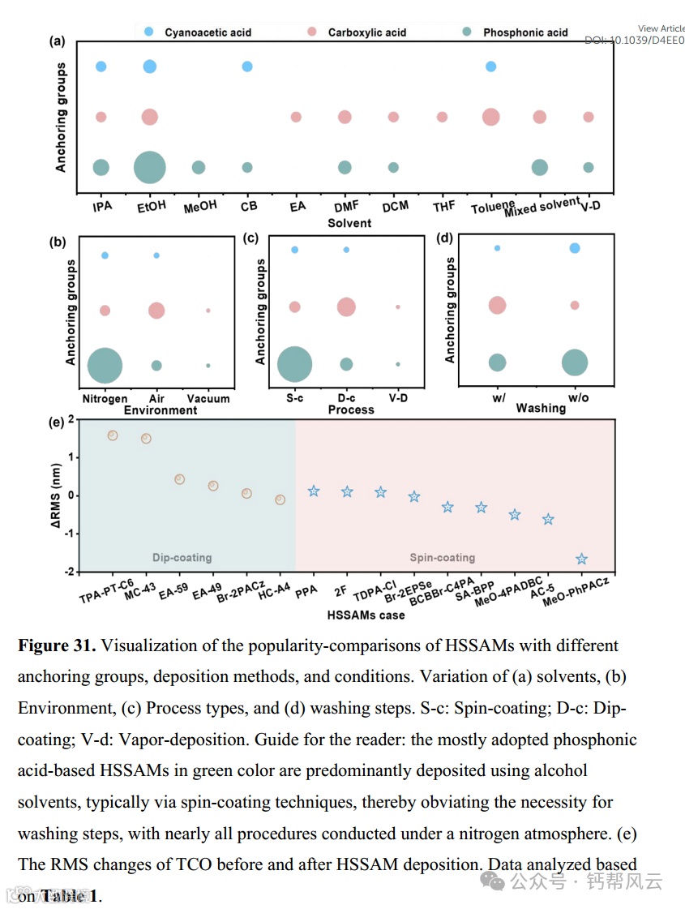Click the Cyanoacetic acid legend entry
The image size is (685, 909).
coord(208,32)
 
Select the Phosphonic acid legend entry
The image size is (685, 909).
coord(525,32)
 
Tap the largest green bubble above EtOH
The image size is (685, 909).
coord(149,167)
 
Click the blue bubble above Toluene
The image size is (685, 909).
coord(490,66)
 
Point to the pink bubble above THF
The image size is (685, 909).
coord(442,117)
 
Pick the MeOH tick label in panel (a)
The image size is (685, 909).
coord(199,206)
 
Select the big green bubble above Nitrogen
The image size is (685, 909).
coord(105,365)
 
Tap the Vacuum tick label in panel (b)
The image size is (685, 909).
coord(208,398)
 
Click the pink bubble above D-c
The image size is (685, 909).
coord(346,307)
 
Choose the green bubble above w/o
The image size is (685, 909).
coord(575,362)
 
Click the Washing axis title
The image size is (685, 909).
coord(541,408)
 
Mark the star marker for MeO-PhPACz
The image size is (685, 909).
coord(581,559)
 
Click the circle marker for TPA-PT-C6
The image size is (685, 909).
coord(113,435)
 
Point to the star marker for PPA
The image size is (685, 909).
coord(314,491)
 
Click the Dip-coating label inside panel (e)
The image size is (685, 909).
coord(182,557)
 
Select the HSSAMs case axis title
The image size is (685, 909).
coord(366,615)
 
